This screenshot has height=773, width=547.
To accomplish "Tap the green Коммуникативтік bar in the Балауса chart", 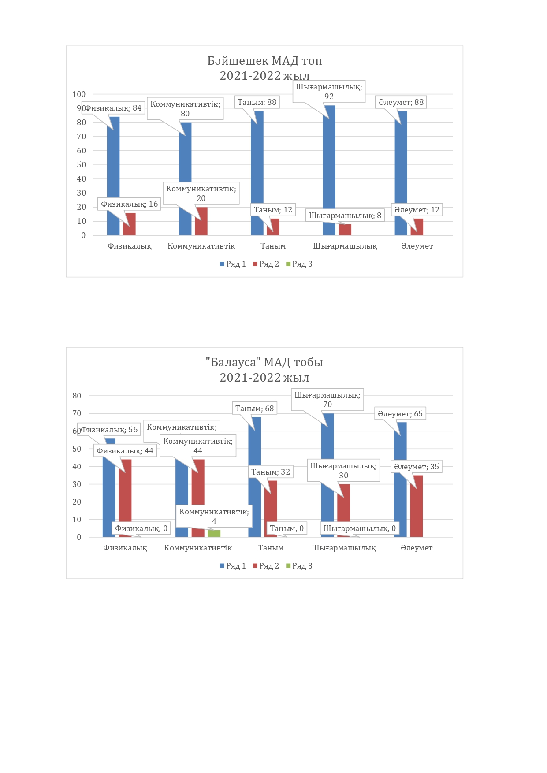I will coord(214,534).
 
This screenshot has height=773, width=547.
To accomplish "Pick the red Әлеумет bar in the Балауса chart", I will coord(417,507).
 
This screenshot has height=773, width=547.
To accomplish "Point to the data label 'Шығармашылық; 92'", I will coord(329,92).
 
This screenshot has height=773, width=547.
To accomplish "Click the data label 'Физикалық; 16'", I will coord(129,204).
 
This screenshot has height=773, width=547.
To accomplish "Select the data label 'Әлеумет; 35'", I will coord(416,467).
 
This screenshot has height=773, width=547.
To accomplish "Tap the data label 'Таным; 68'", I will coord(254,409).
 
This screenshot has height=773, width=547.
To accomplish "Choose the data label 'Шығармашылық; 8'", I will coord(345,216).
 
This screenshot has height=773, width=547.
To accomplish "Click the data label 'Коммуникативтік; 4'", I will coord(214,516).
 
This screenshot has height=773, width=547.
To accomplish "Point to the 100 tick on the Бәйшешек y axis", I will coord(79,94).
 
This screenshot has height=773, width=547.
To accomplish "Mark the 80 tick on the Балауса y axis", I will coord(77,396).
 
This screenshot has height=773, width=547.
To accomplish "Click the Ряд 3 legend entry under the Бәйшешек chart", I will coord(299,264).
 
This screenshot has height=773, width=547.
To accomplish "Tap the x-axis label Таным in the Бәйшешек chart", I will coord(273,246).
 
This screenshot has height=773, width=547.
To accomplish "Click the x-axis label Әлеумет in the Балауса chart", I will coord(416,548).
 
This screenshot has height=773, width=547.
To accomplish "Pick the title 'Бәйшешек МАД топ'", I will coord(264,61).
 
